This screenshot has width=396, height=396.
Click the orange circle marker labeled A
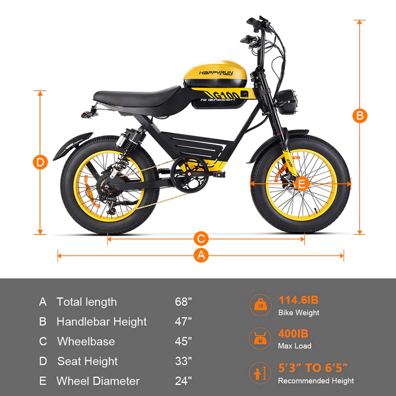(x=201, y=255)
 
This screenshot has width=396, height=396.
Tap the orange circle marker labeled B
(x=360, y=116)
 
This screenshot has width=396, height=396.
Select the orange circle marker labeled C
(x=201, y=239)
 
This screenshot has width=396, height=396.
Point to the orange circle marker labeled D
(x=40, y=162)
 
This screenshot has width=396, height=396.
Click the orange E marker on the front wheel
(x=301, y=184)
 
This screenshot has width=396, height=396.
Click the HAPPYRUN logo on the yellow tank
(x=216, y=73)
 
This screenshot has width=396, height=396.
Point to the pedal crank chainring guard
(x=189, y=174)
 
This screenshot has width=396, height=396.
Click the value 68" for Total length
(x=183, y=302)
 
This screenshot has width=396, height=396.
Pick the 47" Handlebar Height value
(x=183, y=321)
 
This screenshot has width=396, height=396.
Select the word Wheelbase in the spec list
(x=86, y=341)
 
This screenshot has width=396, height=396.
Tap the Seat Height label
(x=87, y=361)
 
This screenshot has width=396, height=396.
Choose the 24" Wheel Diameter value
(x=183, y=381)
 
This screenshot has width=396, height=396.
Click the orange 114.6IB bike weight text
(x=298, y=300)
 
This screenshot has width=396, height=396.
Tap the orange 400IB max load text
(x=293, y=334)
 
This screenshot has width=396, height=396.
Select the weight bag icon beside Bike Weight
(x=260, y=305)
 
